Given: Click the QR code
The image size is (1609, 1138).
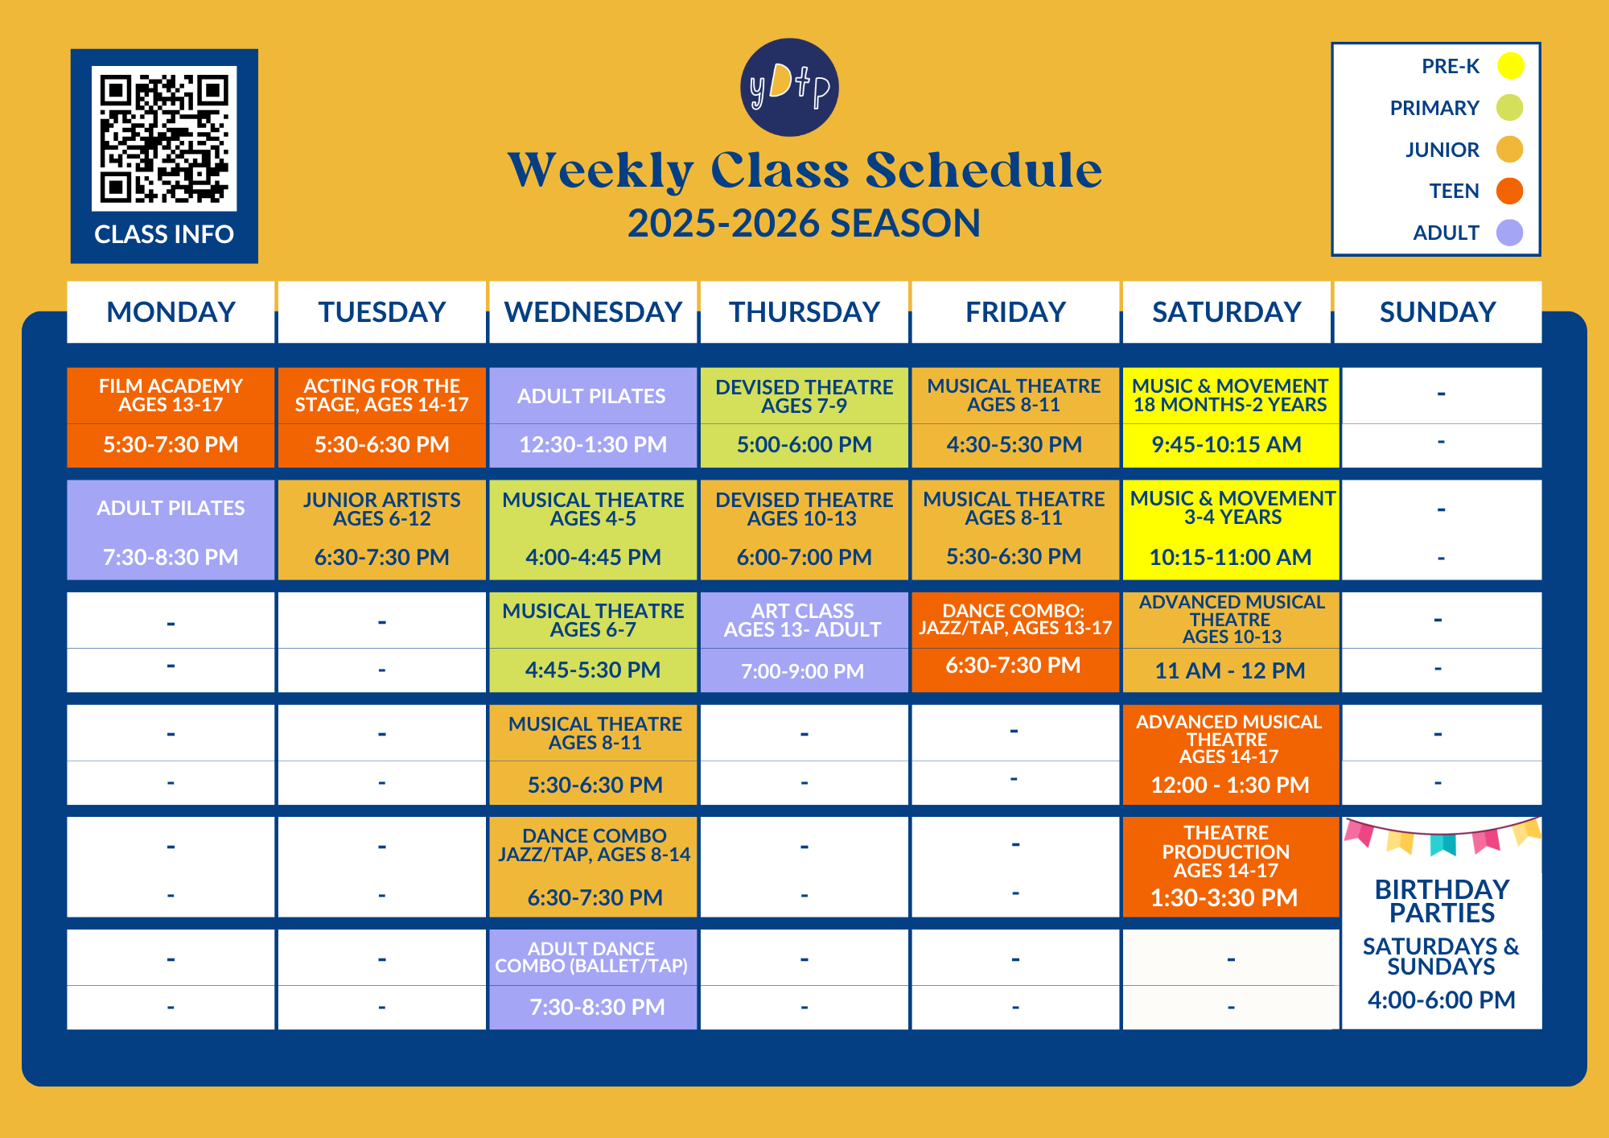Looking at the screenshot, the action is click(164, 138).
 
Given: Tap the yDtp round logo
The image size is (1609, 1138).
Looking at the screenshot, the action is click(789, 88).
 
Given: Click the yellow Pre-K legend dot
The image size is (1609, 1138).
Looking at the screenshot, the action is click(1510, 66).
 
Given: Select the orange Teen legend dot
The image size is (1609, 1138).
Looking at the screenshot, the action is click(1509, 192).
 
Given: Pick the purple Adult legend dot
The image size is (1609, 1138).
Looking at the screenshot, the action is click(1509, 233).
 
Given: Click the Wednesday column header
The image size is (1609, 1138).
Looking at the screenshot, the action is click(593, 312).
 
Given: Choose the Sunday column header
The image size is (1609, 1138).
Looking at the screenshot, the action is click(1438, 312).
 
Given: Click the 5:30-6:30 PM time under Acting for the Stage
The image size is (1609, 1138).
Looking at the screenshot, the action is click(381, 444).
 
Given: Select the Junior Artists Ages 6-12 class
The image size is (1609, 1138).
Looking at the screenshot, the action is click(381, 509).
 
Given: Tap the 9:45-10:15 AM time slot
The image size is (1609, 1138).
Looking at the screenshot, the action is click(1226, 444).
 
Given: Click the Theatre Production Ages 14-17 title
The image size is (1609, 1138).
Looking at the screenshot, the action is click(1226, 851).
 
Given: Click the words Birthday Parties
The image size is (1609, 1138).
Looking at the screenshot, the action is click(1442, 901).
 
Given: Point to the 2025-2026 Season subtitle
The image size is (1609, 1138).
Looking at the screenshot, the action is click(804, 223).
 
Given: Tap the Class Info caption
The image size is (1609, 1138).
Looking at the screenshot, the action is click(164, 234).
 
